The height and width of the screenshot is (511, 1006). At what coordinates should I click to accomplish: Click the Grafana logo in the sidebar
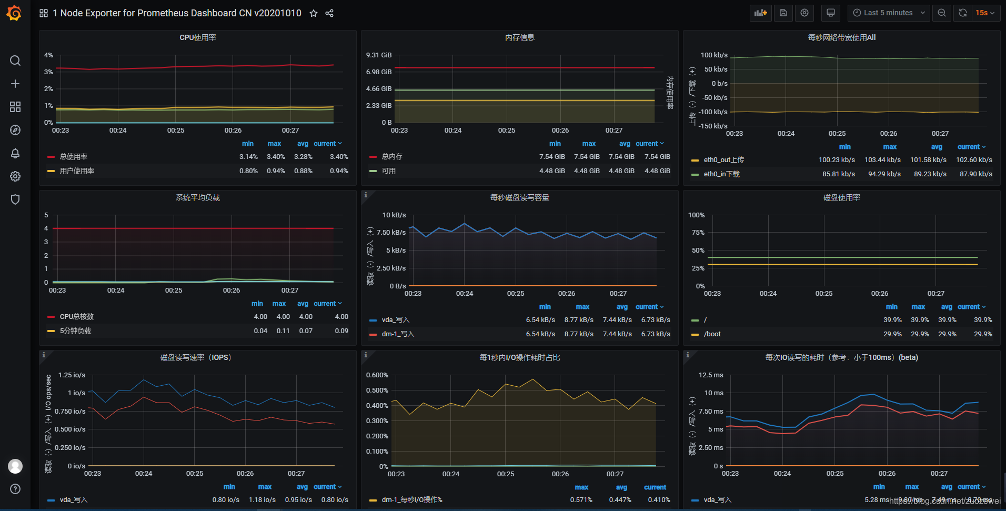14,13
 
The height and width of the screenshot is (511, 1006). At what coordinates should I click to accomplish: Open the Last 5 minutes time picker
888,13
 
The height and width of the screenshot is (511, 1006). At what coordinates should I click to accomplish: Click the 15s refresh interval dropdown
985,13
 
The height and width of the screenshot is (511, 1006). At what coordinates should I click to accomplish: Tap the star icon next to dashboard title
314,14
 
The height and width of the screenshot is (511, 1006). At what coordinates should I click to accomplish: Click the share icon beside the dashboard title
329,14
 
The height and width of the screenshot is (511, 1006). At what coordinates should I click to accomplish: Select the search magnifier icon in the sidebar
15,61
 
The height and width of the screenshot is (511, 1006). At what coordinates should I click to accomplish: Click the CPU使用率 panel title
198,37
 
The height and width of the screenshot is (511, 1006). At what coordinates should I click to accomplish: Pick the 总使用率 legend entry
74,157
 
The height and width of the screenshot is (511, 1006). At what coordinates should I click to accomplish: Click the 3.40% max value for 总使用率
276,157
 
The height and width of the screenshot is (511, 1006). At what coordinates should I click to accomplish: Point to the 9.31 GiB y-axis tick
379,55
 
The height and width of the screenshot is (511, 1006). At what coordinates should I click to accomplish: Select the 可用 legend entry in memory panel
389,171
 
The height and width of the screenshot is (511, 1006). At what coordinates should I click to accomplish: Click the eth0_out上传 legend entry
724,160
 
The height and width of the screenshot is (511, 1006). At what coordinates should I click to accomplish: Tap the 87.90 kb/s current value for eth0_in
975,174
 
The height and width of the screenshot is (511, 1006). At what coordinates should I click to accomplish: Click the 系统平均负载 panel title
198,197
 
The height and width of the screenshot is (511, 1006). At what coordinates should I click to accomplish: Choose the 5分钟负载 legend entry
75,331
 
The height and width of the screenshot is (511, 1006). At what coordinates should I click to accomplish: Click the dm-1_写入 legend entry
398,334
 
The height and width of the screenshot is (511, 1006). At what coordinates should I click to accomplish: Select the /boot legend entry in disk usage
712,334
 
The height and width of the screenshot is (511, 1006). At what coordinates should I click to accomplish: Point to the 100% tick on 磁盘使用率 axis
696,215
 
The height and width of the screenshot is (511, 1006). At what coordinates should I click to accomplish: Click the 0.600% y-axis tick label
377,375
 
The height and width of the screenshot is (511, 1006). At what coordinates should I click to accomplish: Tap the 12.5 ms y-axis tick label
711,375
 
